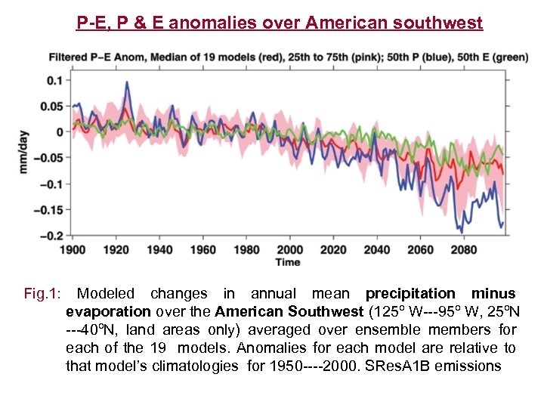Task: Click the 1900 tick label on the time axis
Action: click(x=73, y=249)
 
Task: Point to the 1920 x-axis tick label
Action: click(x=116, y=249)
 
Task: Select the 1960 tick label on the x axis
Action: click(x=203, y=249)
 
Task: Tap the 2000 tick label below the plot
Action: click(x=290, y=249)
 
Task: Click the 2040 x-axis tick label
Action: click(x=377, y=249)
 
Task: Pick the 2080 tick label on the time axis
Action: click(x=464, y=249)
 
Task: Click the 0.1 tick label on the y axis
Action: click(x=54, y=80)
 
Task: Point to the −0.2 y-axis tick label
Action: click(x=51, y=236)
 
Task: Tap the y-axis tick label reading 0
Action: click(x=60, y=131)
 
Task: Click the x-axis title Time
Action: click(x=288, y=262)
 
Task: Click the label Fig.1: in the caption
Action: click(x=43, y=294)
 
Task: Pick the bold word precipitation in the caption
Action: click(x=410, y=294)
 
